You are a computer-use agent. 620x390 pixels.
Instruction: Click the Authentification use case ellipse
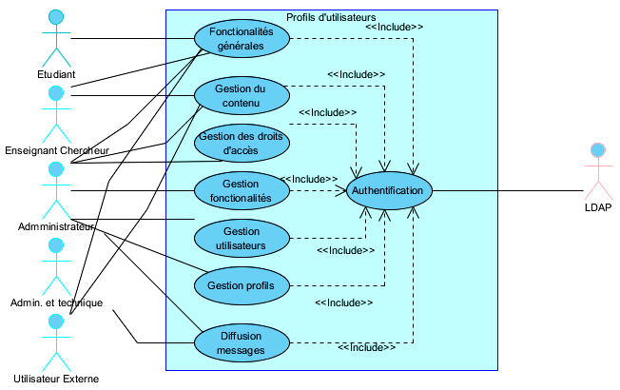click(x=387, y=191)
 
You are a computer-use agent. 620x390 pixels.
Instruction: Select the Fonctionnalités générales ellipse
click(x=241, y=39)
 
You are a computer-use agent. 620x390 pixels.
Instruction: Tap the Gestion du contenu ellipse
click(x=241, y=95)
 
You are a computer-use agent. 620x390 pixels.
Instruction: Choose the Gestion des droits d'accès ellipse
click(x=241, y=143)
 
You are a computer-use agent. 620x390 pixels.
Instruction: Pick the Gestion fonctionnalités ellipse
click(x=241, y=190)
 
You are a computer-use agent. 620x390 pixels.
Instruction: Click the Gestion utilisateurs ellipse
click(x=241, y=238)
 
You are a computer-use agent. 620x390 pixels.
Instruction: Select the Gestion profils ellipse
click(x=241, y=284)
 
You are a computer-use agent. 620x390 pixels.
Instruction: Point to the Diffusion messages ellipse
click(x=241, y=342)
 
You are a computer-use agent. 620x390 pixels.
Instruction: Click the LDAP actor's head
click(x=598, y=150)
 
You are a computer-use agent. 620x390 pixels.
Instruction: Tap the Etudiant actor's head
click(x=57, y=17)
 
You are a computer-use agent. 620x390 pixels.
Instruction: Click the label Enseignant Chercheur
click(x=57, y=150)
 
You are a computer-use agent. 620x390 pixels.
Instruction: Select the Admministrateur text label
click(x=56, y=226)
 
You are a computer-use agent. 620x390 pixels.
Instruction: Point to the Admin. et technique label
click(x=56, y=302)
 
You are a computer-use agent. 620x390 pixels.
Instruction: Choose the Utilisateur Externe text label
click(x=56, y=379)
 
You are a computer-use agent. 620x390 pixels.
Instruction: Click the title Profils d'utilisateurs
click(x=331, y=17)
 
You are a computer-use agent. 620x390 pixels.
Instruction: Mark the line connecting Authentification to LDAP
click(x=504, y=191)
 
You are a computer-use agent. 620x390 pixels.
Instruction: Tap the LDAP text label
click(x=598, y=207)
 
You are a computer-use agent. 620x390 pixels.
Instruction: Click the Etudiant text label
click(x=56, y=74)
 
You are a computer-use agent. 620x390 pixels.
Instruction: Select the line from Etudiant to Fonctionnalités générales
click(x=133, y=39)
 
